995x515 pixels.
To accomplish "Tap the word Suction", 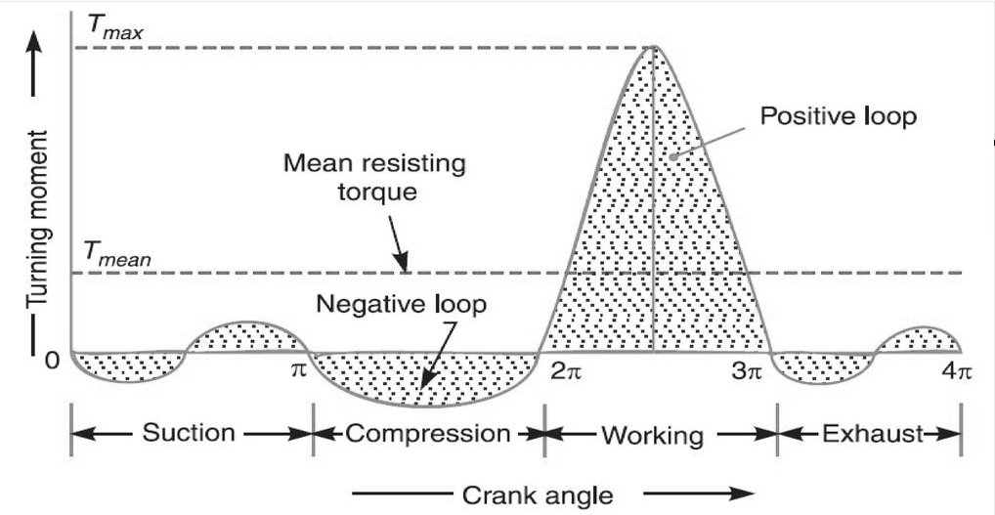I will pos(189,432).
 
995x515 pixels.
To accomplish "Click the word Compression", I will pos(428,432).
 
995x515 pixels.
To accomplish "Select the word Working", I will pos(652,434).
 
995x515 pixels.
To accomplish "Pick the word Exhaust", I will pos(864,432).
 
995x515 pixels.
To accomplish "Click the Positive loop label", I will pos(839,116).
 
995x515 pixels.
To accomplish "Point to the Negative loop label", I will pos(401,304).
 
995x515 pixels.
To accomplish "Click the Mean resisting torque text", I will pos(374,177).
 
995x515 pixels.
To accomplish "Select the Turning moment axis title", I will pos(38,225).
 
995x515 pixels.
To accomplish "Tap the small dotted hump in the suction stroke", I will pos(245,335).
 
